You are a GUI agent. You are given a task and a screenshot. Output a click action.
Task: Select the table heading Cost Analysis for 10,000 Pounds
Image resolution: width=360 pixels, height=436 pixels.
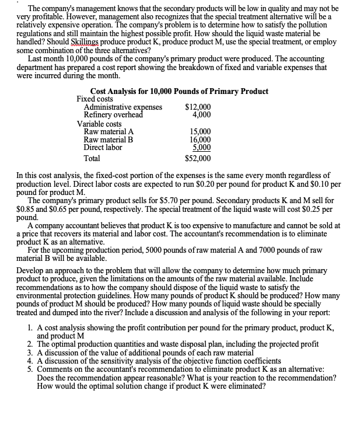pos(179,91)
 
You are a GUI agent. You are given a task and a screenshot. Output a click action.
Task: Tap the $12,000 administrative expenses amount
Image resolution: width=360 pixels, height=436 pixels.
pos(198,107)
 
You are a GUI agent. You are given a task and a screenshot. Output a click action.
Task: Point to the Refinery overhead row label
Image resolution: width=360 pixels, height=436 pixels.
pos(114,115)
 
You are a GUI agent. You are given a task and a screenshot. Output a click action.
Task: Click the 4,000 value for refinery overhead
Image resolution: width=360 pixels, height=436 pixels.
pos(201,115)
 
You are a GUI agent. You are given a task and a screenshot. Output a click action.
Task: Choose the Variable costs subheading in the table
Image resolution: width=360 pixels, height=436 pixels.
pos(99,123)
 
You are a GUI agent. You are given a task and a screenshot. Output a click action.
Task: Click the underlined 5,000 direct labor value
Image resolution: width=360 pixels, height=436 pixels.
pos(201,148)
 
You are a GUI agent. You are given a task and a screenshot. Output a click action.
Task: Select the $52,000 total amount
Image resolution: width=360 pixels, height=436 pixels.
pos(198,158)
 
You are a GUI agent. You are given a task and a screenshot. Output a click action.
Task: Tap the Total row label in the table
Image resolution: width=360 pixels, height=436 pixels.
pos(92,158)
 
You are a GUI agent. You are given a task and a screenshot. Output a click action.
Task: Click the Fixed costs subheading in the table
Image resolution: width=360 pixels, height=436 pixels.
pos(95,99)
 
